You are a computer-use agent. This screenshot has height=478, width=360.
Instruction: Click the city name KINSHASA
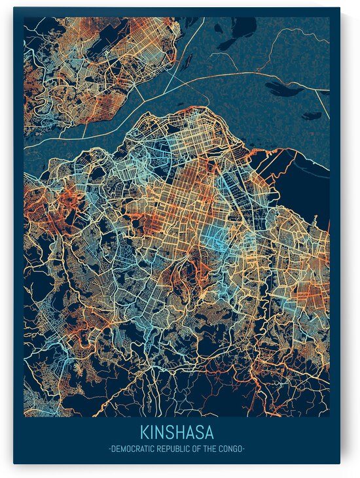coord(176,433)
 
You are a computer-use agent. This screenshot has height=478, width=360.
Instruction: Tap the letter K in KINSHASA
coord(143,433)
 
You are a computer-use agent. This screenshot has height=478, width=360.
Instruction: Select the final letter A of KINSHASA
coord(209,433)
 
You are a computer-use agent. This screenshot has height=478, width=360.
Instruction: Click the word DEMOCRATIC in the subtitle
coord(130,449)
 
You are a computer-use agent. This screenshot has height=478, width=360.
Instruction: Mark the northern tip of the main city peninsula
coord(190,109)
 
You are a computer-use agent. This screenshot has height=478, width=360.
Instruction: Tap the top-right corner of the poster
coord(340,9)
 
